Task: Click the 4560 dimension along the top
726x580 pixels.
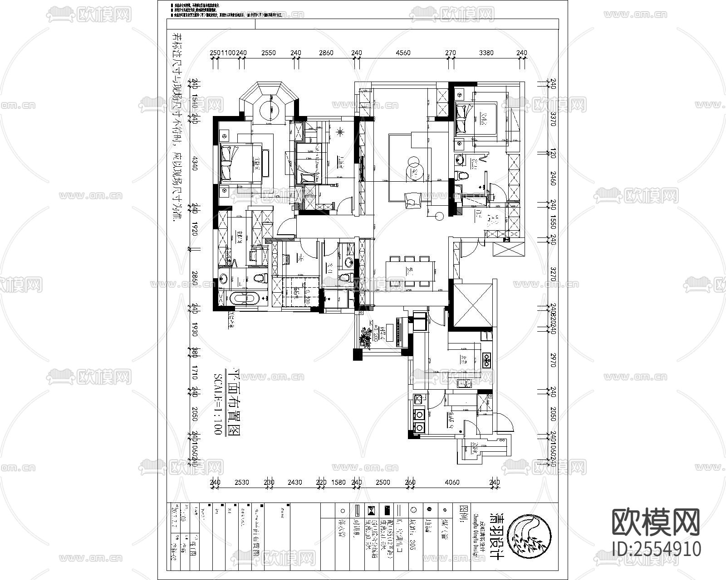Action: click(x=403, y=53)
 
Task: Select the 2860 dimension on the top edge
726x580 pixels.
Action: click(x=326, y=53)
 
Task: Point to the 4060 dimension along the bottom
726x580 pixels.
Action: click(x=452, y=482)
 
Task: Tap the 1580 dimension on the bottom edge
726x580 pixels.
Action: click(x=338, y=482)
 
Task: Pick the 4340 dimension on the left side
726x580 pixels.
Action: click(x=195, y=163)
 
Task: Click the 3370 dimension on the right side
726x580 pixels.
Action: click(x=553, y=120)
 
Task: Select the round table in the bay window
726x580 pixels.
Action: click(x=271, y=109)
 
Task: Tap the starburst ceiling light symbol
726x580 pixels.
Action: click(x=341, y=132)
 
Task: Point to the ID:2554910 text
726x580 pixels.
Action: click(x=656, y=549)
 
